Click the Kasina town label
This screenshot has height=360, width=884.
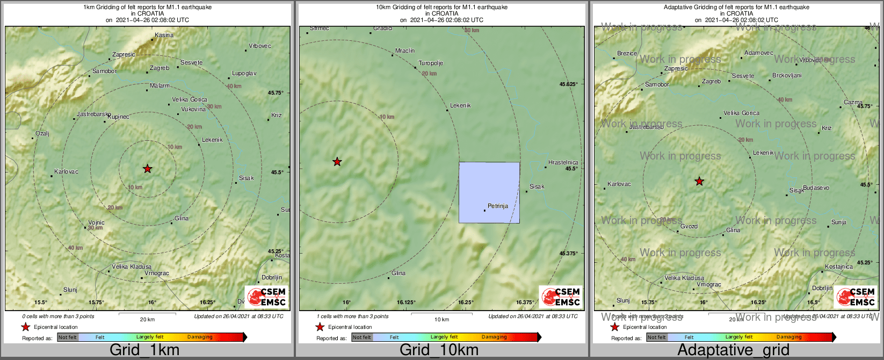click(x=164, y=35)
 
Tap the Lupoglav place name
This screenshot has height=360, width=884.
click(x=244, y=73)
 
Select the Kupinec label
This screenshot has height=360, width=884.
click(x=118, y=117)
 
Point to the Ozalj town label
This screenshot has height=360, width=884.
click(x=42, y=134)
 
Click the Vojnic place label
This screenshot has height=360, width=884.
click(x=96, y=222)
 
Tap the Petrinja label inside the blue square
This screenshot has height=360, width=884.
click(x=497, y=206)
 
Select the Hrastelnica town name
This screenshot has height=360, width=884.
click(x=563, y=162)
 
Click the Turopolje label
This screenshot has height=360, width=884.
click(x=431, y=63)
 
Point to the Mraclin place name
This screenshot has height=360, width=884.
click(x=405, y=51)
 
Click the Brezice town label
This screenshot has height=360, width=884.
click(x=627, y=54)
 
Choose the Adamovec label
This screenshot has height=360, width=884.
click(x=759, y=53)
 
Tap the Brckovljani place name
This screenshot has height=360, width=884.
click(x=787, y=76)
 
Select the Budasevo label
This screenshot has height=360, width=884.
click(x=816, y=188)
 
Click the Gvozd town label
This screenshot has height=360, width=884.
click(x=689, y=227)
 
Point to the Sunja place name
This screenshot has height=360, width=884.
click(x=839, y=222)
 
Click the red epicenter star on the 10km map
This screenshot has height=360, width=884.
click(x=337, y=162)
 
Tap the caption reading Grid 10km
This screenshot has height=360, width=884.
click(x=439, y=350)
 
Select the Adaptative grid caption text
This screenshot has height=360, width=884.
click(x=733, y=350)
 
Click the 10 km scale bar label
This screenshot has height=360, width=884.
click(x=441, y=320)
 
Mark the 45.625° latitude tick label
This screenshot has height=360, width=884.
click(x=569, y=84)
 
